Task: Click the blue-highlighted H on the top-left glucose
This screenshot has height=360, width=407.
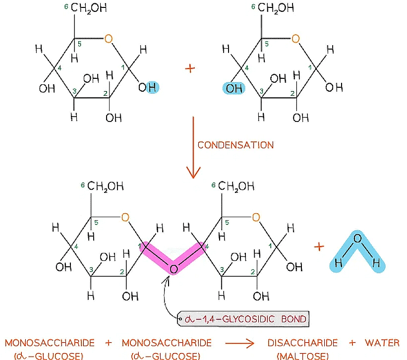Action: [x=153, y=88]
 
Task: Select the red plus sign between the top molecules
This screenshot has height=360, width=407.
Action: [x=189, y=68]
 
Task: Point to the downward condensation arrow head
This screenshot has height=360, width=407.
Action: [x=193, y=173]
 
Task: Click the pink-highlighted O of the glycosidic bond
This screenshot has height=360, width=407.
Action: [x=173, y=270]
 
